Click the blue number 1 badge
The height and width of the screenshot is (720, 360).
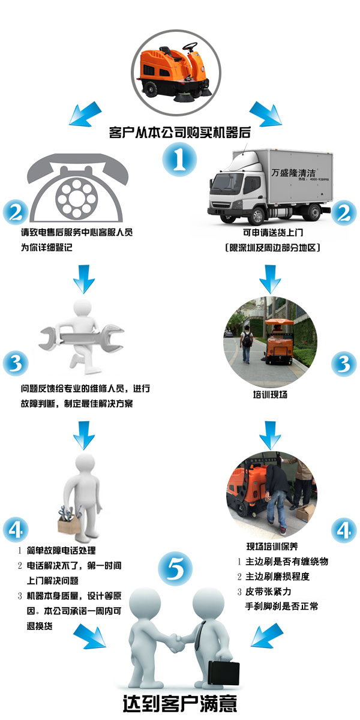[x=179, y=160]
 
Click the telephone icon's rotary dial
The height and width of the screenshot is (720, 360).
[x=76, y=197]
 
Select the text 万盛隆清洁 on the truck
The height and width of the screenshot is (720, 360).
[x=293, y=173]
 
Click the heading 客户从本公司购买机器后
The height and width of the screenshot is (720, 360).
[x=179, y=132]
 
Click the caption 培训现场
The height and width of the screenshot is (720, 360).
[x=270, y=394]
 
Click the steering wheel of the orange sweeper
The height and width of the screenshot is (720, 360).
[x=190, y=47]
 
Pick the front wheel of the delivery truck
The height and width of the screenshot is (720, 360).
[x=257, y=215]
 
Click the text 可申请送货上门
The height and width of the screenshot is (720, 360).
[x=273, y=232]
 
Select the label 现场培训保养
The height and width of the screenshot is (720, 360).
[x=272, y=546]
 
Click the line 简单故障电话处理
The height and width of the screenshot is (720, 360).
[x=61, y=550]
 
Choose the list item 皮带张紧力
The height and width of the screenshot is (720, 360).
[x=268, y=591]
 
